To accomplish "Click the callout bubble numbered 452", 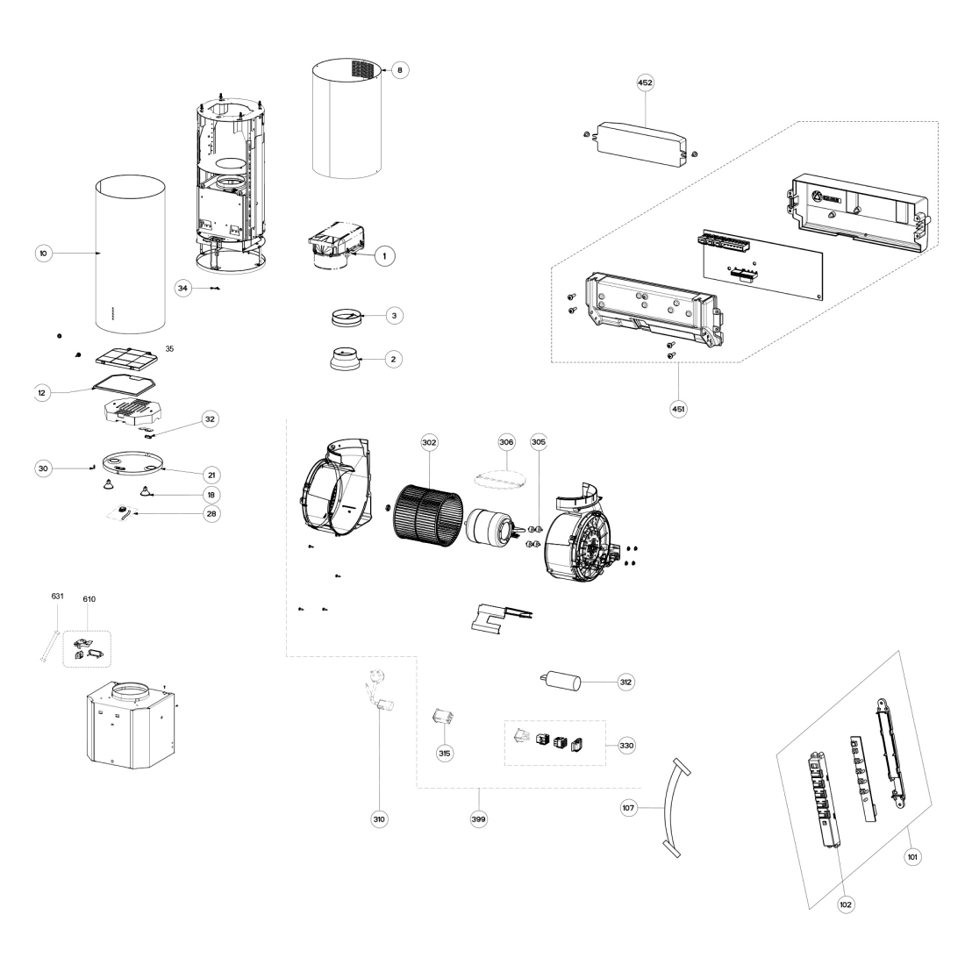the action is coord(645,82).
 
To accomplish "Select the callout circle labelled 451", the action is coord(678,409).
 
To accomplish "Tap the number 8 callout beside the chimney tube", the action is coord(400,70).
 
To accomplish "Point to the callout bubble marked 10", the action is coord(43,253).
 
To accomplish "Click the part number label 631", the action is coord(57,596).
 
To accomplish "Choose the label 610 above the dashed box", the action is coord(89,599).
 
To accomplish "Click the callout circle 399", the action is coord(478,818).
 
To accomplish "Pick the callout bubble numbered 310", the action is coord(379,818).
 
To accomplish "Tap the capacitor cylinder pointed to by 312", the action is coord(561,682).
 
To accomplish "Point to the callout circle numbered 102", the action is coord(846,904).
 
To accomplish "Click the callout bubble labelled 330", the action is coord(626,746).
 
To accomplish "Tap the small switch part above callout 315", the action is coord(443,717).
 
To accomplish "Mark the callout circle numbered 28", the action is coord(211,513).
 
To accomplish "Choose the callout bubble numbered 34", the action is coord(182,288).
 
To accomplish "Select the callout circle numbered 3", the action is coord(394,316).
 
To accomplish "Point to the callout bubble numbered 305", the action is coord(539,442).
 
